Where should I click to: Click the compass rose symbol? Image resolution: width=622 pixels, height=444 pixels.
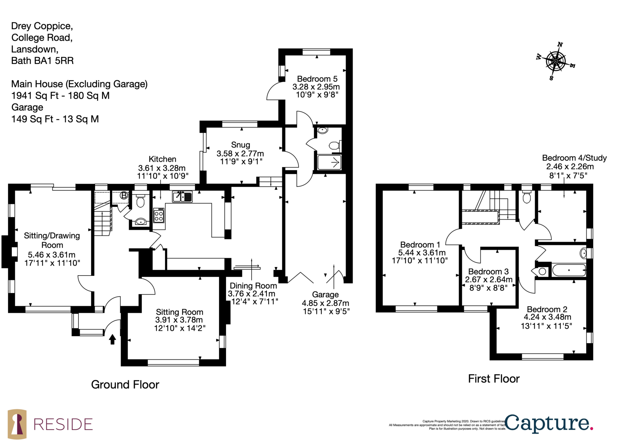(x=556, y=61)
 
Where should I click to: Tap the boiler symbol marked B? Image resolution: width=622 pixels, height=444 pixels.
(x=124, y=195)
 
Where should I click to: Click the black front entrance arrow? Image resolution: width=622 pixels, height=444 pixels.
(x=112, y=339)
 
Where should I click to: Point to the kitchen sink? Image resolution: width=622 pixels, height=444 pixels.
(x=182, y=197)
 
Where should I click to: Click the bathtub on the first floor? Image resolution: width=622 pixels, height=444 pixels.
(x=569, y=270)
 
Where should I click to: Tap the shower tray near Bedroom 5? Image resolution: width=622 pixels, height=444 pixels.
(x=329, y=162)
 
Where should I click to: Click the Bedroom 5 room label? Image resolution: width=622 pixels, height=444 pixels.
(x=317, y=79)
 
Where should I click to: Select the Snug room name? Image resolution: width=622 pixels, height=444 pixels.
(x=241, y=145)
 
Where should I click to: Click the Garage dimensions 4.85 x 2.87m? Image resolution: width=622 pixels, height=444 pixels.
(x=325, y=303)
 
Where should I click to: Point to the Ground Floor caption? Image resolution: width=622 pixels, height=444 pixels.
(x=125, y=385)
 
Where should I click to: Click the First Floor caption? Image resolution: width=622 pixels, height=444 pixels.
(x=494, y=379)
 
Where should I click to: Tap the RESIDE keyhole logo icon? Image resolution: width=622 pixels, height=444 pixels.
(x=17, y=424)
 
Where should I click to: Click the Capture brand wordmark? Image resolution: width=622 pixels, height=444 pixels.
(x=549, y=423)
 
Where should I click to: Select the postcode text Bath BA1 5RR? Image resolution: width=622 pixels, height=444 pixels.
(x=42, y=61)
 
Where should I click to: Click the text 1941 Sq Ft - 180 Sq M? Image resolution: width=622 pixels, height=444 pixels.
(x=60, y=96)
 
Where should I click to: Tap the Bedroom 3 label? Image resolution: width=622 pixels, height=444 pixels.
(x=488, y=271)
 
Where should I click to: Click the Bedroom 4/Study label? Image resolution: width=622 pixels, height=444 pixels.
(x=574, y=158)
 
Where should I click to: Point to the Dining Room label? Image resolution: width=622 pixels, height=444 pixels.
(x=253, y=286)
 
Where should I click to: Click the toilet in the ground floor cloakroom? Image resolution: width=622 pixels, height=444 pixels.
(x=141, y=201)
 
